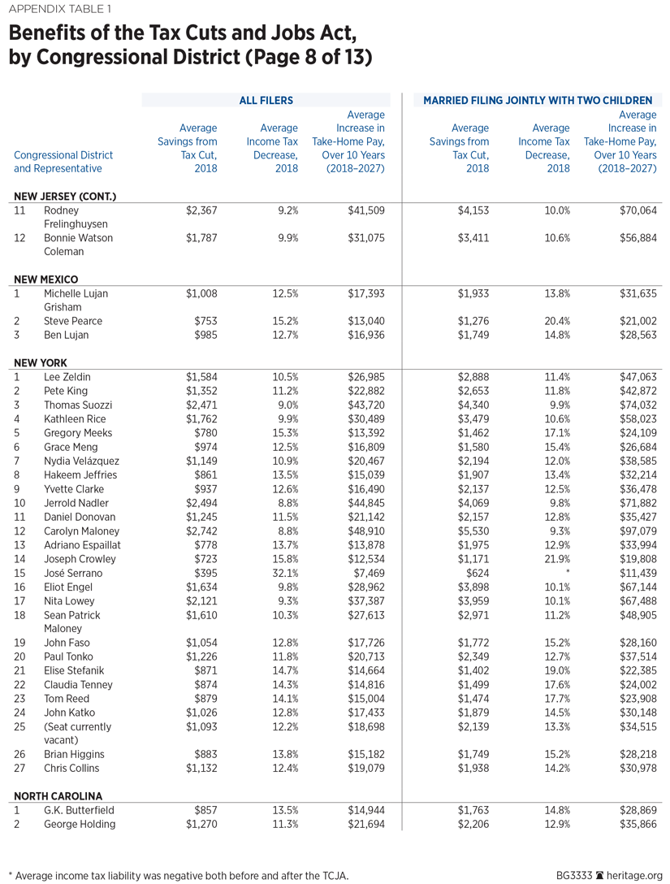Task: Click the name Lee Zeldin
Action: coord(69,377)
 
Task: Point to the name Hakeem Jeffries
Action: coord(80,474)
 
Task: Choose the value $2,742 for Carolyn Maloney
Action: coord(201,531)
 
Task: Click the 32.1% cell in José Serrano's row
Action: coord(284,573)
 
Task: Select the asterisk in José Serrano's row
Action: coord(568,573)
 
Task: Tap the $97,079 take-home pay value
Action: coord(638,531)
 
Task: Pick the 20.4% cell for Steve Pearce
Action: coord(556,321)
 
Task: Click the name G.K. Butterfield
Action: coord(80,810)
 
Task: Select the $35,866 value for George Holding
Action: coord(638,824)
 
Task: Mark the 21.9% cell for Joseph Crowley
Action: coord(556,559)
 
